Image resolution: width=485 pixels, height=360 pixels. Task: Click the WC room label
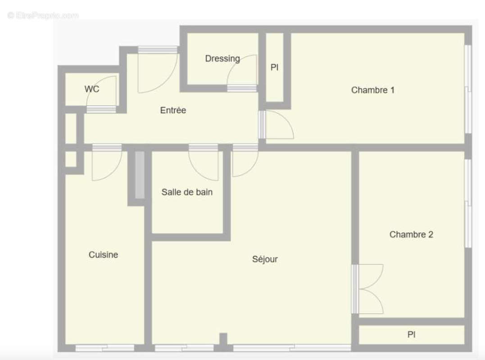(x=92, y=89)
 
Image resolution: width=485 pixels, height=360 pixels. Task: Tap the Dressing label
(x=222, y=58)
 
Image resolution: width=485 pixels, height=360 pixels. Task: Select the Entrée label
(x=173, y=110)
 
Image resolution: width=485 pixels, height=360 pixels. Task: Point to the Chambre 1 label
(x=373, y=90)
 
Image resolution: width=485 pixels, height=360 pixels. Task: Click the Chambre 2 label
(x=411, y=234)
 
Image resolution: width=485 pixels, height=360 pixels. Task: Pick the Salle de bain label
(x=187, y=192)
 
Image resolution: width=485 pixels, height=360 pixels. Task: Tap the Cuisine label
(x=103, y=255)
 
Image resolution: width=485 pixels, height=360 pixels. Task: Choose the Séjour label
(x=265, y=259)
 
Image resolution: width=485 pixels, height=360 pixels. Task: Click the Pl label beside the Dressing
(x=274, y=67)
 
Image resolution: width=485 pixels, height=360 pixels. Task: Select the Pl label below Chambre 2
(x=411, y=335)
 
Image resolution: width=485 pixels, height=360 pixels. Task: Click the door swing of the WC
(x=107, y=90)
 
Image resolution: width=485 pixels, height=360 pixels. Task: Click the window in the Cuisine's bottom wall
(x=104, y=347)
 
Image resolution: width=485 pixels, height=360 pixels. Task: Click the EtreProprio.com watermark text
(x=43, y=15)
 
